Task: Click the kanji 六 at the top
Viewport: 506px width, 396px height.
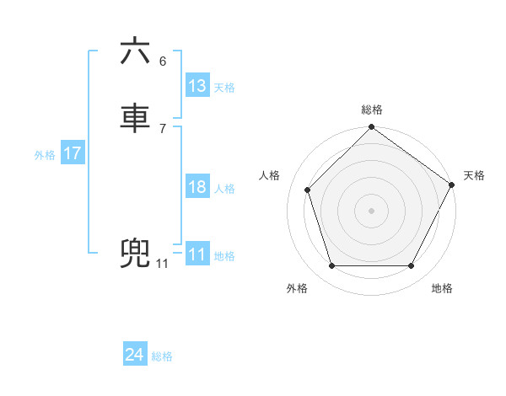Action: click(x=136, y=52)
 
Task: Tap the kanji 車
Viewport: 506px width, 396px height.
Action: click(x=136, y=118)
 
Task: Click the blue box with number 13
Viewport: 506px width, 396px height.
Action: click(x=197, y=86)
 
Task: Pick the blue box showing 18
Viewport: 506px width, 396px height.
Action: click(x=197, y=187)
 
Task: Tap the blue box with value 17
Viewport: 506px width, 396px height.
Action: click(x=72, y=154)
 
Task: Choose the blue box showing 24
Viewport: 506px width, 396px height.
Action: click(x=135, y=356)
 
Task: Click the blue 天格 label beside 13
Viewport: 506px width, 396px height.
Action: click(x=224, y=88)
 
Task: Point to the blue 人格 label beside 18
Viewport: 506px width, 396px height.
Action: click(x=224, y=189)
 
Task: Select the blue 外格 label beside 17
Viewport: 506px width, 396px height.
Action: click(x=45, y=155)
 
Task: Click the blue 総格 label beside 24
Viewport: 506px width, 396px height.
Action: click(x=162, y=356)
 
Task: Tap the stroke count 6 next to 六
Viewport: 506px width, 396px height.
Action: click(x=162, y=62)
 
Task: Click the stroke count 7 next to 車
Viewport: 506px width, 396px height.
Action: click(x=162, y=128)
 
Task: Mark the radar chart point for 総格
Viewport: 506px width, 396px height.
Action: click(x=371, y=128)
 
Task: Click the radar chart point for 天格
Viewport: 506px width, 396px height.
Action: click(x=451, y=185)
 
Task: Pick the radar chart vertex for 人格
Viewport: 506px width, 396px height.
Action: click(x=308, y=190)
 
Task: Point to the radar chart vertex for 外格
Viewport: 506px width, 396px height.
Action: click(x=331, y=266)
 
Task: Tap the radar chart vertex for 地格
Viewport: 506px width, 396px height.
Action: click(x=411, y=266)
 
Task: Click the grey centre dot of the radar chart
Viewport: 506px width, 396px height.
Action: click(x=371, y=211)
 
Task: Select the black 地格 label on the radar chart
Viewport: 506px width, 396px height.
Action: click(x=442, y=289)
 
